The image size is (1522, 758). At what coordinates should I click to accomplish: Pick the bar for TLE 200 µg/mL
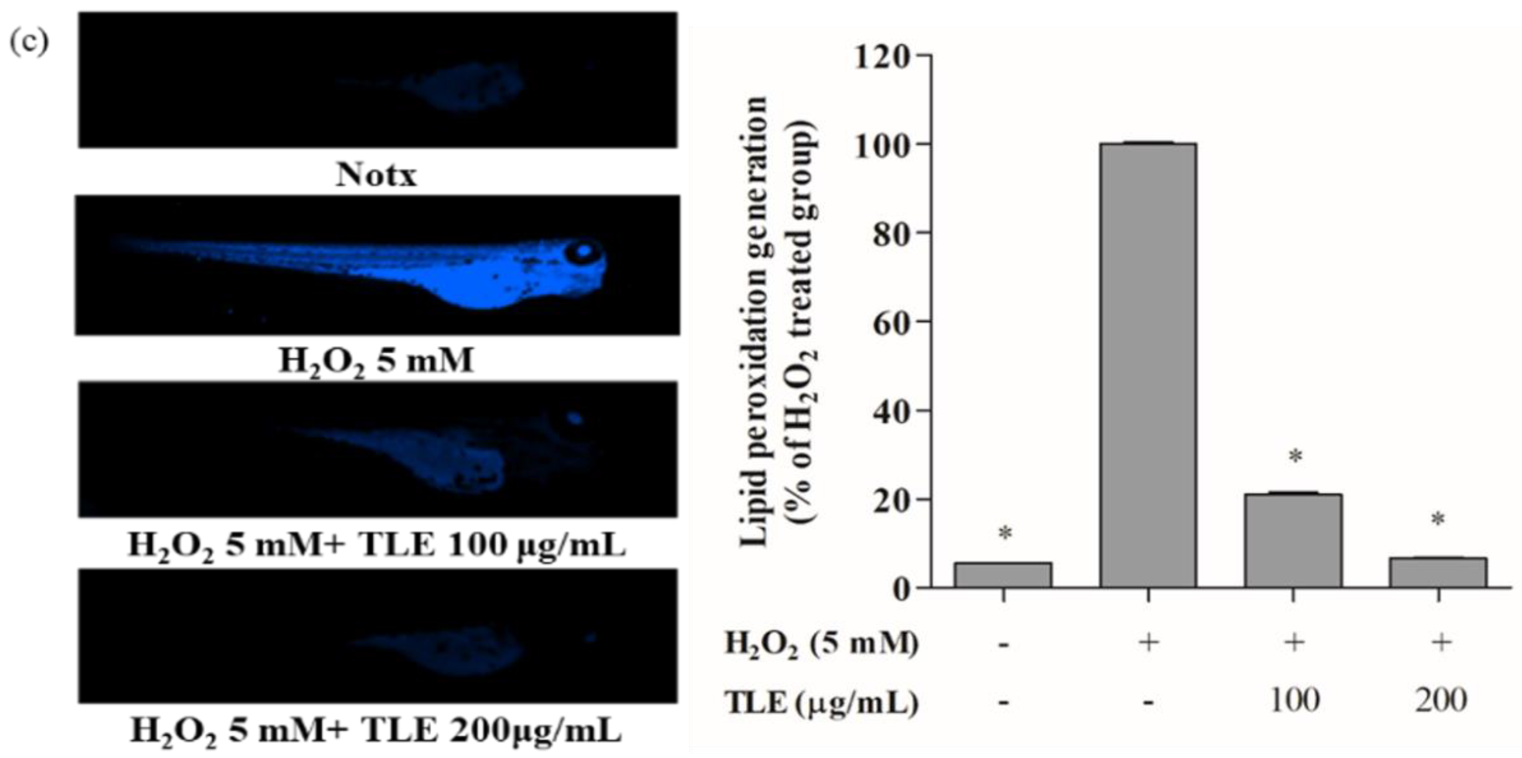(x=1438, y=572)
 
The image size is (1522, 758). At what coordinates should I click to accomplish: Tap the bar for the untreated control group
(x=1003, y=574)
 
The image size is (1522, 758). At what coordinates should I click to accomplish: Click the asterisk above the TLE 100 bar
(x=1295, y=456)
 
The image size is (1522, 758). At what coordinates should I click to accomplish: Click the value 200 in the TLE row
(x=1441, y=701)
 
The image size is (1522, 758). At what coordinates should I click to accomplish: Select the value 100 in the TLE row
(x=1294, y=701)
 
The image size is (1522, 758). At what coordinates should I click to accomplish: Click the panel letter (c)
(x=29, y=43)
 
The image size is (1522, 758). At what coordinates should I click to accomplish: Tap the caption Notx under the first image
(x=376, y=176)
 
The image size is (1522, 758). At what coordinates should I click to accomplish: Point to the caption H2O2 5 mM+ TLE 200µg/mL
(x=376, y=731)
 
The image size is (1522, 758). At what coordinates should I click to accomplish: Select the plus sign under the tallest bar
(x=1148, y=642)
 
